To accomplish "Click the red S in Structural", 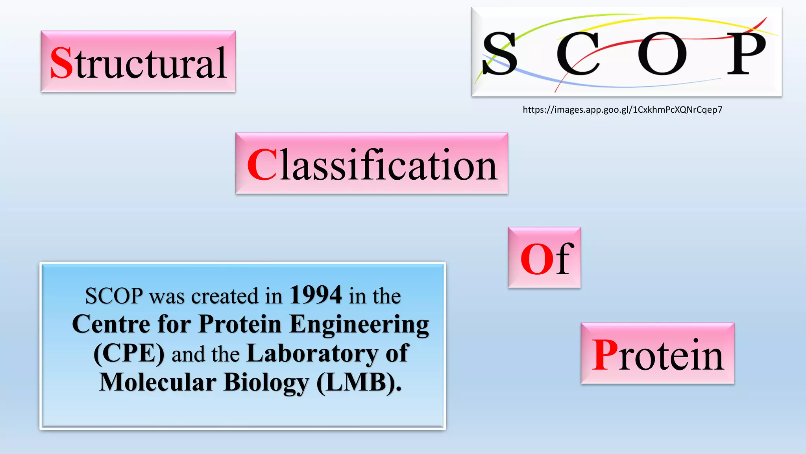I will (62, 63).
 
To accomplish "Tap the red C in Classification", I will (262, 165).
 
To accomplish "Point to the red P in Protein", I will (604, 355).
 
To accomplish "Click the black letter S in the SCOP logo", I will (499, 54).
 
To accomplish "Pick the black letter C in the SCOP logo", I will (577, 54).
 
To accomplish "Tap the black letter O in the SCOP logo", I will (662, 54).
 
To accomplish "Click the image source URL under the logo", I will (622, 110).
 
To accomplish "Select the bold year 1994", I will (316, 295).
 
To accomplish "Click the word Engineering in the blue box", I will (359, 325).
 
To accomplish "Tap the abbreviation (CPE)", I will (129, 354).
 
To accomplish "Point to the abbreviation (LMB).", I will (359, 382).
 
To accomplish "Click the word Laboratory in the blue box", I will (312, 354).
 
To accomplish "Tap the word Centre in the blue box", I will (111, 324).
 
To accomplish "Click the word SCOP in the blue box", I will (114, 296).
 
